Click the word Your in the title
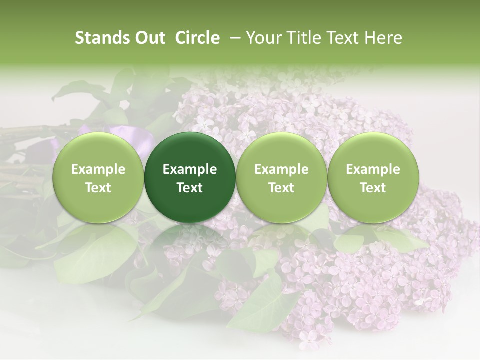pyautogui.click(x=263, y=38)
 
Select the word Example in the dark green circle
pyautogui.click(x=190, y=169)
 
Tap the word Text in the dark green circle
pyautogui.click(x=190, y=188)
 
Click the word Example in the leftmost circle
pyautogui.click(x=98, y=169)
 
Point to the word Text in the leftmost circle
pyautogui.click(x=98, y=188)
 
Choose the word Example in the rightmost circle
pyautogui.click(x=373, y=169)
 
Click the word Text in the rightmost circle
pyautogui.click(x=373, y=188)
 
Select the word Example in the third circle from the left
pyautogui.click(x=281, y=169)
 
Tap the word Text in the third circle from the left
pyautogui.click(x=281, y=188)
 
